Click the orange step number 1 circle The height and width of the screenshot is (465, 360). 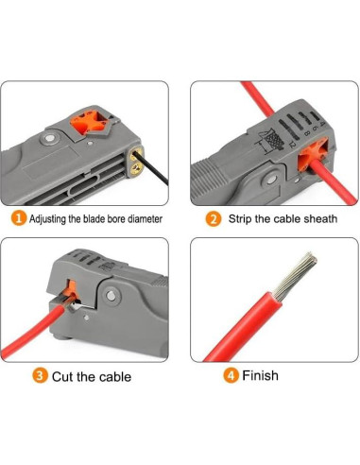click(x=19, y=218)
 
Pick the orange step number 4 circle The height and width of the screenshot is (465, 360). click(x=231, y=375)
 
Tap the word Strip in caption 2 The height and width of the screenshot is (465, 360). click(x=241, y=218)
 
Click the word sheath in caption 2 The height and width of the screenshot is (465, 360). click(x=317, y=218)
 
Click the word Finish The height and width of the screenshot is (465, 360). click(x=261, y=375)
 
